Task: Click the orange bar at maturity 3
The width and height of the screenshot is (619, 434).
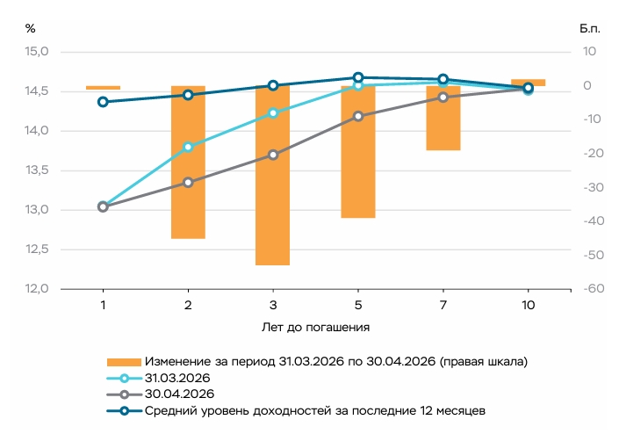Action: (x=272, y=176)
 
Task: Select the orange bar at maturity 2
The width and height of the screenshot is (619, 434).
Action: (x=188, y=163)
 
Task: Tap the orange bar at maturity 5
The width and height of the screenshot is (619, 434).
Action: (x=358, y=152)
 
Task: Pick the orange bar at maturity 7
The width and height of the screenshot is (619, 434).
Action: (x=443, y=118)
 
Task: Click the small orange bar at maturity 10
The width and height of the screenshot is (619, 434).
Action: (x=529, y=83)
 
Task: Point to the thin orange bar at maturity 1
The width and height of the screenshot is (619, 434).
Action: (x=103, y=88)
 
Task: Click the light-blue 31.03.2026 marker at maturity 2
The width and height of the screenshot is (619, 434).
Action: (x=188, y=147)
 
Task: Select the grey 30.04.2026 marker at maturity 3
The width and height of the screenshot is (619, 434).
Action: (x=273, y=155)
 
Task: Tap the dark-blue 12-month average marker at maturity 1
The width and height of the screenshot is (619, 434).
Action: (x=103, y=102)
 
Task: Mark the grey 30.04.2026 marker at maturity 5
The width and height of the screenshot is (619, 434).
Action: (x=358, y=116)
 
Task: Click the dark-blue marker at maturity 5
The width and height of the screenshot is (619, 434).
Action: (x=358, y=77)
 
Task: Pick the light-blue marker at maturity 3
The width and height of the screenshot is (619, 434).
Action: (x=273, y=113)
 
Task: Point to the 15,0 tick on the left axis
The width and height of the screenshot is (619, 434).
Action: (x=37, y=51)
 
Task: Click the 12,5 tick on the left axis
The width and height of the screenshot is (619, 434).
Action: (x=37, y=250)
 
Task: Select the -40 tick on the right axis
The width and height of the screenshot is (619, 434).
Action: (x=594, y=221)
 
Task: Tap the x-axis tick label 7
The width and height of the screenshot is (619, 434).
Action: (x=443, y=305)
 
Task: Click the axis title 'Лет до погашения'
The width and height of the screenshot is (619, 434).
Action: (x=315, y=328)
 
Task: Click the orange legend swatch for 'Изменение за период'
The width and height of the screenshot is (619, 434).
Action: (x=124, y=362)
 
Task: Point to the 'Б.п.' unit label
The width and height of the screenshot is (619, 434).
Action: (x=590, y=29)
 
